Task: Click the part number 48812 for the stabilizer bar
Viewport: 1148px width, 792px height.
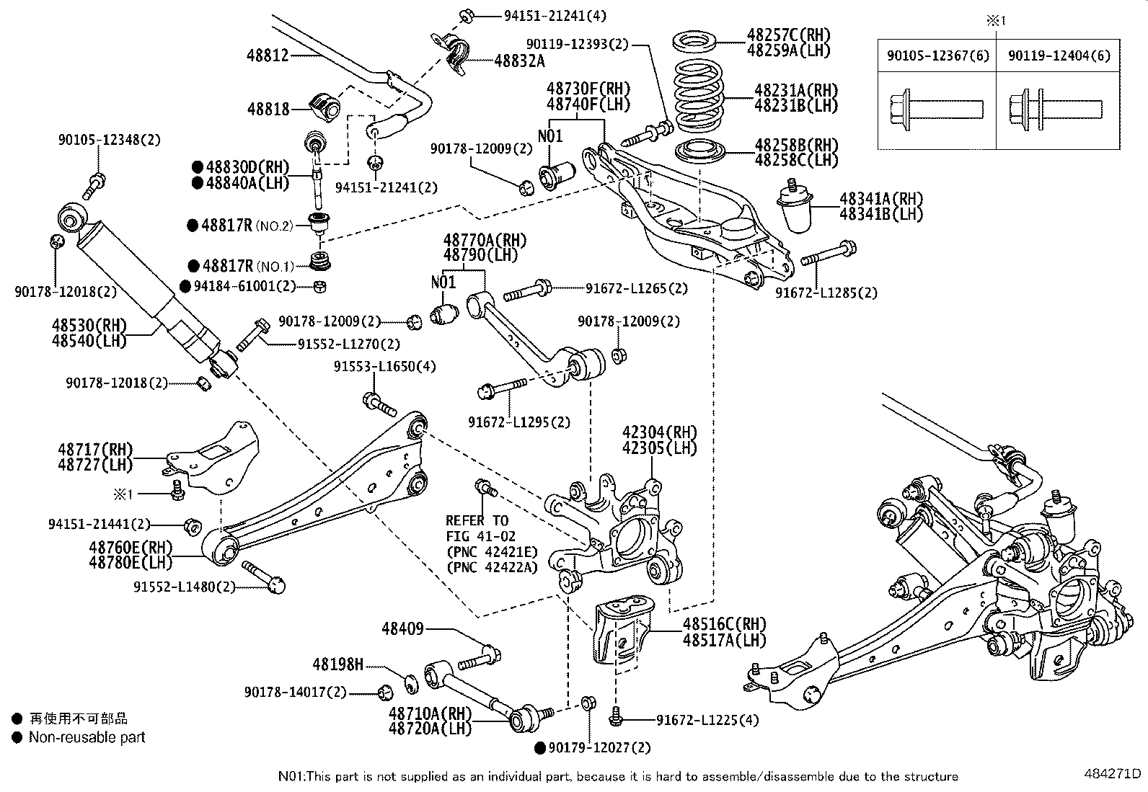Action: click(268, 55)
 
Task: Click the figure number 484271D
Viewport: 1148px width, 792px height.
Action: click(1112, 773)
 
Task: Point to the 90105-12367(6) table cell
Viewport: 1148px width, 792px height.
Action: click(937, 55)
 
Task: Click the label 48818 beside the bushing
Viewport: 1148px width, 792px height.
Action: click(268, 109)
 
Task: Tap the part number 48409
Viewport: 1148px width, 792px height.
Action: click(402, 628)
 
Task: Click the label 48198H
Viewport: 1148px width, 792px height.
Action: click(337, 664)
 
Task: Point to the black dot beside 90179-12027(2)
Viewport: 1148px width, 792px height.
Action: click(539, 748)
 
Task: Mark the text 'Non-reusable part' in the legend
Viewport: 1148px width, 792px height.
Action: click(87, 737)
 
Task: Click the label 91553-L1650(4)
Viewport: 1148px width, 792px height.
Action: click(385, 366)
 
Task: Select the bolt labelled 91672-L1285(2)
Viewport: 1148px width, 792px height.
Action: click(829, 254)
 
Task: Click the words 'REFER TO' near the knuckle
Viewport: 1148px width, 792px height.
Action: click(477, 520)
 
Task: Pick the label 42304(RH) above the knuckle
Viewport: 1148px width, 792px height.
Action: click(660, 432)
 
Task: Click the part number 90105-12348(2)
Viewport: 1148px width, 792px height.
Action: click(109, 139)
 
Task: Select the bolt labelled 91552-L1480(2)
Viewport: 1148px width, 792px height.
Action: click(263, 577)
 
